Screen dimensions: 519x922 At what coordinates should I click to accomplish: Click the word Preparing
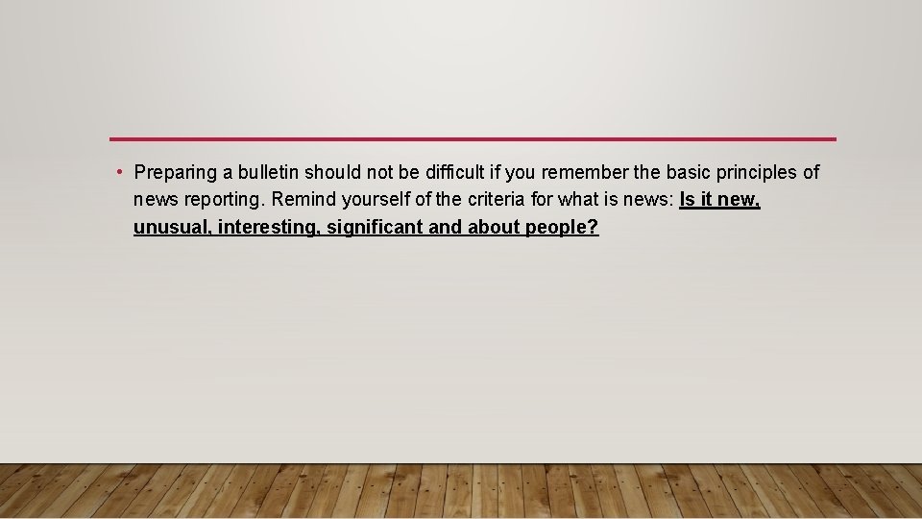(175, 173)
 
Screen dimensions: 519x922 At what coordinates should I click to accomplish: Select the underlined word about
(495, 229)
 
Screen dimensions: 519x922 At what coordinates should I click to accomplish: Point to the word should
(332, 173)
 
